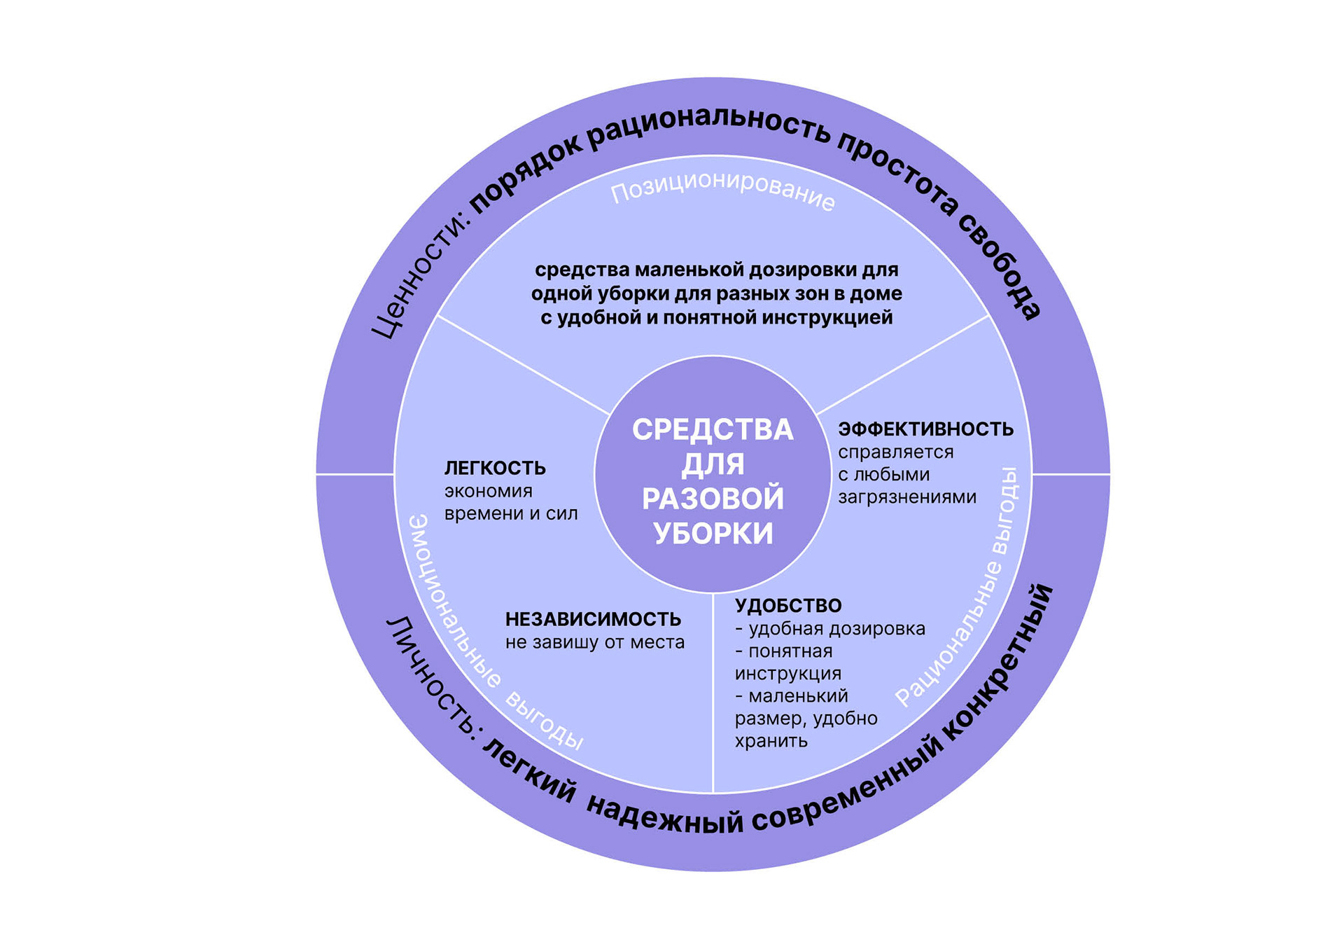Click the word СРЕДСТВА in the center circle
713,429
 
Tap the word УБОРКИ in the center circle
713,534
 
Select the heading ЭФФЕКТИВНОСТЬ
925,429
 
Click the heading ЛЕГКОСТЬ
495,468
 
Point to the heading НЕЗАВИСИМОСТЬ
593,619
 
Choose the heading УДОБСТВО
788,606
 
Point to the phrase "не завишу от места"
595,642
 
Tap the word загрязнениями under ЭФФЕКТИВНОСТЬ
907,497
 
